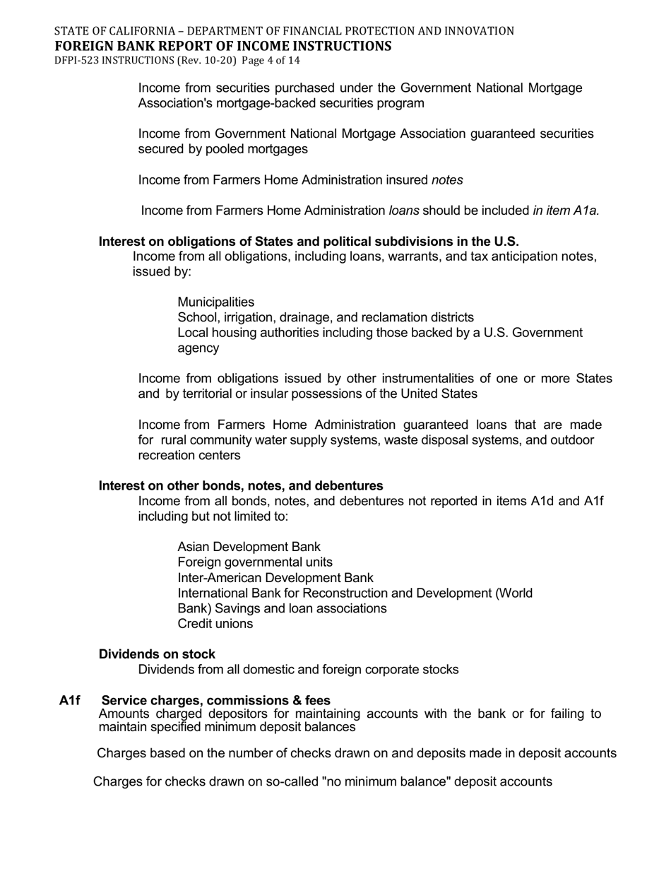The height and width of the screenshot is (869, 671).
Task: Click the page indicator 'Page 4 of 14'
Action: click(x=271, y=61)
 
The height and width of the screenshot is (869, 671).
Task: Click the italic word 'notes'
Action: click(x=447, y=180)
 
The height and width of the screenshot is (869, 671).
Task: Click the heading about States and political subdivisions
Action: click(x=309, y=242)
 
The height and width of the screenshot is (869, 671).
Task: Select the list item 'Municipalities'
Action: click(x=215, y=302)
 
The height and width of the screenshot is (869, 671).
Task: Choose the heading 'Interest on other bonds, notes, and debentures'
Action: click(x=241, y=486)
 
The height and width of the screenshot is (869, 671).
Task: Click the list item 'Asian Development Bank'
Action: click(x=249, y=547)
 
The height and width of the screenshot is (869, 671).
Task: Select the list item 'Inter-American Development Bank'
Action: click(x=275, y=578)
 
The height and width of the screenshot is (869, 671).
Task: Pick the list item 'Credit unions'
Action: click(x=215, y=624)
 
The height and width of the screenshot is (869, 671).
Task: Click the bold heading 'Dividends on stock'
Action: click(x=157, y=654)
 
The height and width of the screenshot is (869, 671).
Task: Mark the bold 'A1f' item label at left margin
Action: click(x=70, y=701)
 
